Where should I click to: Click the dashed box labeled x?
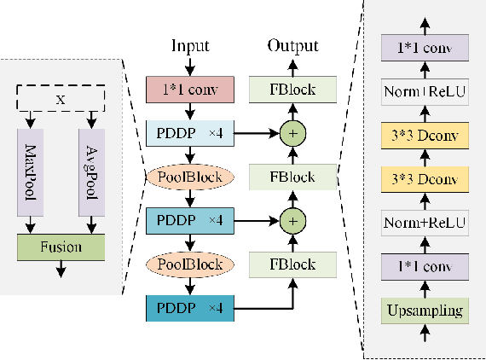pyautogui.click(x=60, y=99)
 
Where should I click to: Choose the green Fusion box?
pyautogui.click(x=60, y=247)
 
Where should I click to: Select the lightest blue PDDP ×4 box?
pyautogui.click(x=190, y=134)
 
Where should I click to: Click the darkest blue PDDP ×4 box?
pyautogui.click(x=190, y=308)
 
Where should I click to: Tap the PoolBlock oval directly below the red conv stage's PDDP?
pyautogui.click(x=190, y=177)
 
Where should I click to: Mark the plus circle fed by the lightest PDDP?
pyautogui.click(x=292, y=134)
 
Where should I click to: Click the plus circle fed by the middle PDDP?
pyautogui.click(x=292, y=221)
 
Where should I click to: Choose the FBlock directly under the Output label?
pyautogui.click(x=292, y=89)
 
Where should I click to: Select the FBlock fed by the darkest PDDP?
pyautogui.click(x=292, y=264)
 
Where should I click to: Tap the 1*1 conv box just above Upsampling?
pyautogui.click(x=425, y=265)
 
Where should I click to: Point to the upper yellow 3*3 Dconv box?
pyautogui.click(x=425, y=134)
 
